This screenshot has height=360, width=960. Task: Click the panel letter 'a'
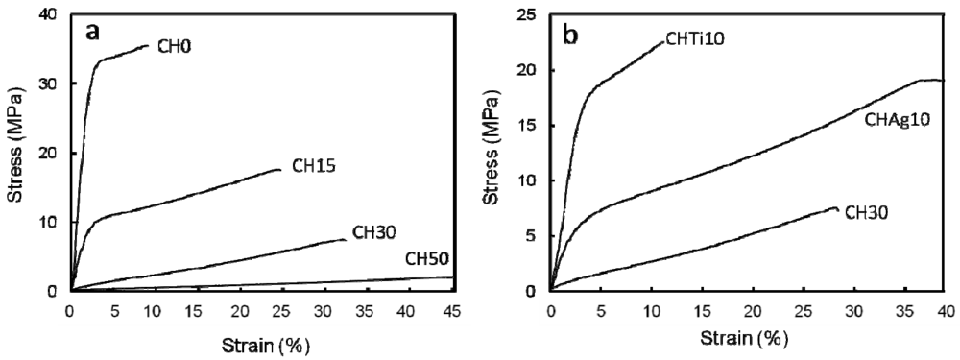pyautogui.click(x=93, y=33)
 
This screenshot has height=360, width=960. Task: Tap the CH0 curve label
pyautogui.click(x=176, y=45)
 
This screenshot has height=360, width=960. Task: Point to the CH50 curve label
pyautogui.click(x=427, y=258)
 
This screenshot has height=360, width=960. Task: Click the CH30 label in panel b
pyautogui.click(x=867, y=213)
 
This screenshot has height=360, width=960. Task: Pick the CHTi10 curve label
pyautogui.click(x=696, y=38)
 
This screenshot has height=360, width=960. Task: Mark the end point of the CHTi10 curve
pyautogui.click(x=664, y=40)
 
